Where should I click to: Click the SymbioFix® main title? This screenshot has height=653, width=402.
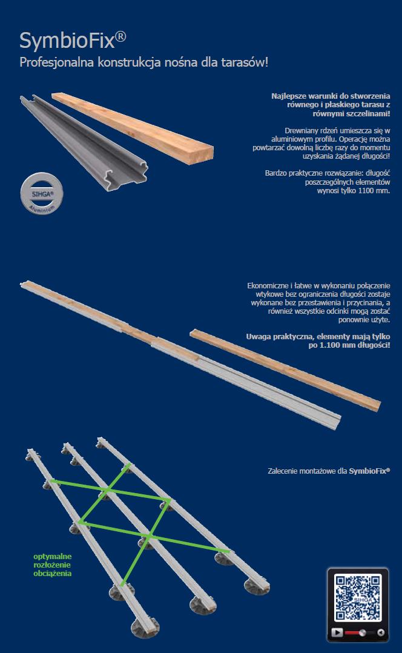pyautogui.click(x=73, y=41)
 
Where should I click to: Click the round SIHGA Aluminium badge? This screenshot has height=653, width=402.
pyautogui.click(x=42, y=194)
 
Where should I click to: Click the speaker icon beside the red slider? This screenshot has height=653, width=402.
pyautogui.click(x=380, y=632)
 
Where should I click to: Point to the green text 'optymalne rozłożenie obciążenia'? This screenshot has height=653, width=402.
pyautogui.click(x=53, y=565)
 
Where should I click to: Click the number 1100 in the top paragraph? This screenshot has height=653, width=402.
pyautogui.click(x=365, y=191)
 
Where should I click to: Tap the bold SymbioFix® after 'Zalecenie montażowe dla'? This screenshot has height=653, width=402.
pyautogui.click(x=369, y=471)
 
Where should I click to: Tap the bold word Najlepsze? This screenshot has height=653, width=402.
pyautogui.click(x=289, y=96)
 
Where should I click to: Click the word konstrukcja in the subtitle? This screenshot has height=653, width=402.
pyautogui.click(x=129, y=62)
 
